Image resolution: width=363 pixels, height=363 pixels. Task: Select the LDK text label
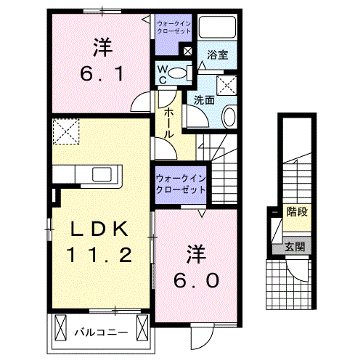click(x=101, y=230)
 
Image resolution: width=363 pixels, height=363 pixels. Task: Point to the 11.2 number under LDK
click(x=101, y=255)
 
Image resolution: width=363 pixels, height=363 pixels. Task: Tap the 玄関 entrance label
click(x=295, y=247)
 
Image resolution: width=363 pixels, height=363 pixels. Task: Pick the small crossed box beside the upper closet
click(x=188, y=52)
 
